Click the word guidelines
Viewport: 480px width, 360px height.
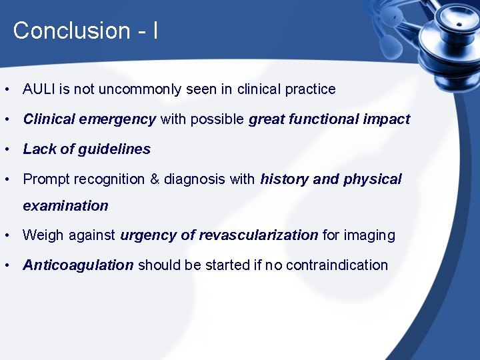point(114,149)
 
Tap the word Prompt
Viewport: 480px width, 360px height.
point(46,179)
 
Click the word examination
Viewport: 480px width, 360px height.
point(65,206)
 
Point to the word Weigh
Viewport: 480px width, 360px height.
point(43,235)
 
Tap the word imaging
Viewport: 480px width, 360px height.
point(371,235)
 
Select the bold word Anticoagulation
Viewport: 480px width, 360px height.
point(78,265)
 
